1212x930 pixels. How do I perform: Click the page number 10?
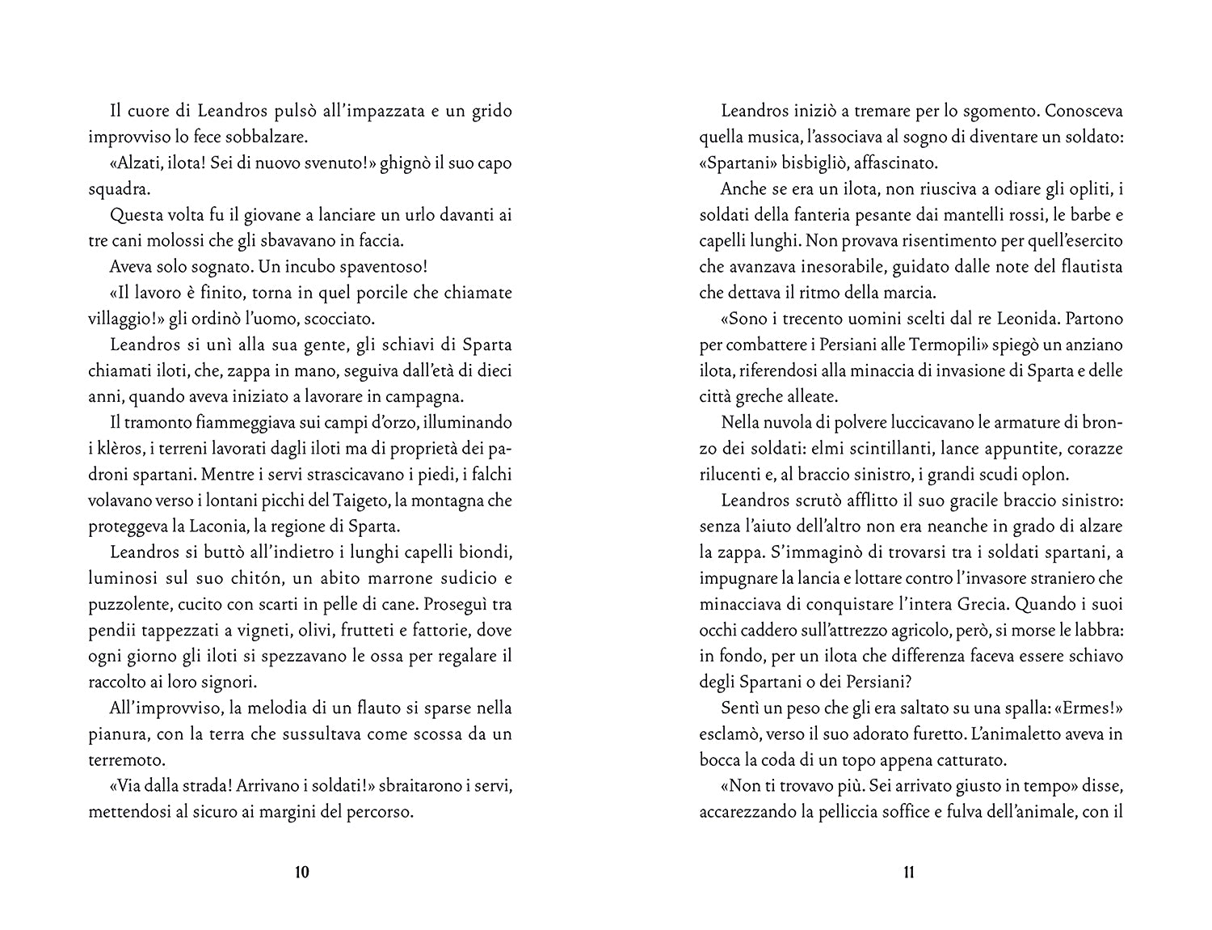(x=302, y=873)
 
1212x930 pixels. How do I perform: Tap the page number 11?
(x=908, y=873)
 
